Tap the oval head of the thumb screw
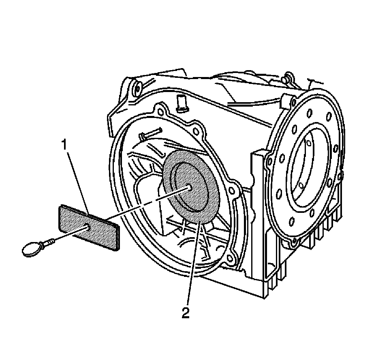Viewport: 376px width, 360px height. [x=31, y=248]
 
